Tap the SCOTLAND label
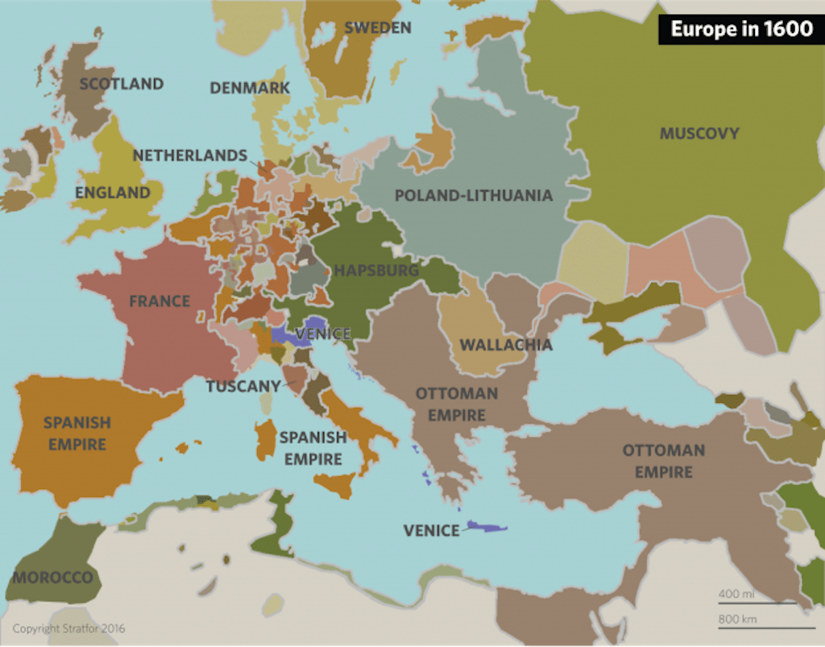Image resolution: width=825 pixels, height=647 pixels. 122,84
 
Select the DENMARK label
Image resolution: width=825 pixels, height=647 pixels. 250,88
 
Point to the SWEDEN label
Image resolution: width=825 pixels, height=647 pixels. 378,27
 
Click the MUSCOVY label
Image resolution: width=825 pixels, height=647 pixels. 699,134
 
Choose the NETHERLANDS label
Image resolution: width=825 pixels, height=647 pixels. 190,155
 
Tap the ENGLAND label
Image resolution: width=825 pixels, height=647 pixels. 113,193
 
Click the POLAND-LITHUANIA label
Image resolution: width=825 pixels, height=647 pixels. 474,195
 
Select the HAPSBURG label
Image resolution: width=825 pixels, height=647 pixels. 376,270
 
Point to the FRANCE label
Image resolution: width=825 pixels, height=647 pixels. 160,301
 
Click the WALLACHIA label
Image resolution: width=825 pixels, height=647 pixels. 506,345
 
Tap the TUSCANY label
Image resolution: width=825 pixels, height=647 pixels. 243,386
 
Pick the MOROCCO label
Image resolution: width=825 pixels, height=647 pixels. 52,578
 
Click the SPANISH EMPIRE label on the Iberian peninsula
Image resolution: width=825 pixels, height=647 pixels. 77,433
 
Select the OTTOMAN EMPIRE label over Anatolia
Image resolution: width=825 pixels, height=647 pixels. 663,460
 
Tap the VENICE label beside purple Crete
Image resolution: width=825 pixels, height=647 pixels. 432,530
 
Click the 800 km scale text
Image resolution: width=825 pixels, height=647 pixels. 734,619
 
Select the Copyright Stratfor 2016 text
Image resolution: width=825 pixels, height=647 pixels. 68,628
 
